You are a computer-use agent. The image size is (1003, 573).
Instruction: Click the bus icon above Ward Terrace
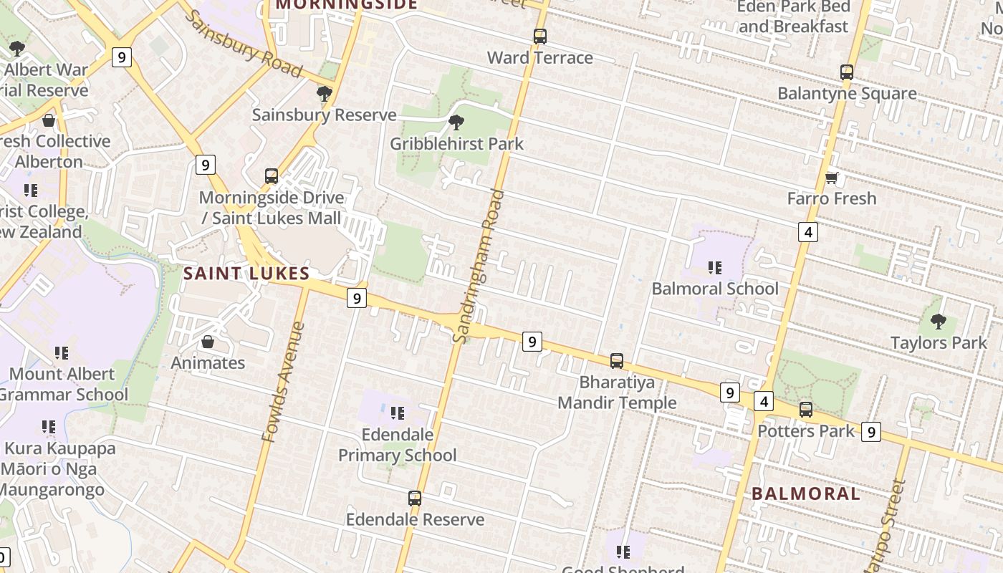(539, 36)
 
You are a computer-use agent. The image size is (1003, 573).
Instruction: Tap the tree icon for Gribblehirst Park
(456, 122)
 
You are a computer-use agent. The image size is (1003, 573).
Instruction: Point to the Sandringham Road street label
(480, 266)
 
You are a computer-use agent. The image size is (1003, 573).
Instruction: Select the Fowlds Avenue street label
(283, 382)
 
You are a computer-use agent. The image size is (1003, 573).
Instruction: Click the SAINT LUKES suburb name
(246, 273)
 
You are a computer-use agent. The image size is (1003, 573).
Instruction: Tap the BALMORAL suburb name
(806, 493)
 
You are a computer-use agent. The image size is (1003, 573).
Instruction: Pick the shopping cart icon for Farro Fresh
(832, 177)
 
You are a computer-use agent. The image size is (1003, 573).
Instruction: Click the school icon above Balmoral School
(714, 268)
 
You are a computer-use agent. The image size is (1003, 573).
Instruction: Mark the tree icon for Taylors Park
(938, 322)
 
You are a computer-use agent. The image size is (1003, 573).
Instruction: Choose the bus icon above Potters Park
(806, 410)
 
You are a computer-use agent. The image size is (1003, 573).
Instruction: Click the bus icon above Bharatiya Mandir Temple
(617, 360)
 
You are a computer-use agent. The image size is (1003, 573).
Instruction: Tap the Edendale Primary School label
(398, 445)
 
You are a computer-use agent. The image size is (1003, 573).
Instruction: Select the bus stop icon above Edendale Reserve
(415, 498)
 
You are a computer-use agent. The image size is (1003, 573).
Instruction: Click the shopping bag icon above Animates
(208, 342)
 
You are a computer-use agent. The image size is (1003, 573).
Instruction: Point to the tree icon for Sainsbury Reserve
(324, 94)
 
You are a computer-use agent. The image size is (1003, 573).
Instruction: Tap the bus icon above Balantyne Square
(847, 72)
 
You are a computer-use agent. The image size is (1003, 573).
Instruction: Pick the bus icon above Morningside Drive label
(272, 176)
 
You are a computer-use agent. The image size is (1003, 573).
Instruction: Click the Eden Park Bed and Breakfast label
(795, 16)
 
